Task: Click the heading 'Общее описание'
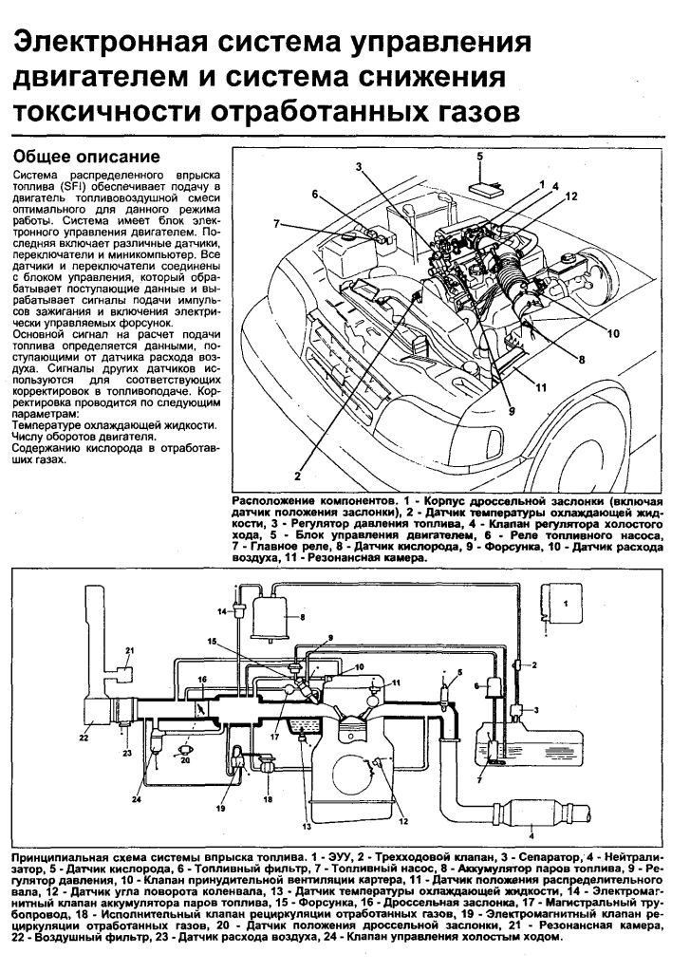pos(84,157)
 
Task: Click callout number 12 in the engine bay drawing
pos(572,196)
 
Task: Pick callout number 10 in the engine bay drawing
pos(613,333)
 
